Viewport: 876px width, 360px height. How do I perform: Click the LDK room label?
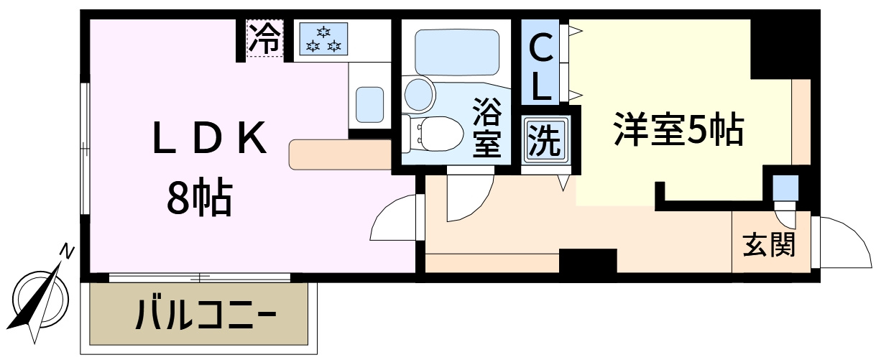[210, 137]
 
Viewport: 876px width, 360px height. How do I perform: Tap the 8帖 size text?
[200, 197]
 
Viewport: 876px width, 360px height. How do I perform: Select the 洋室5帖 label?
[678, 129]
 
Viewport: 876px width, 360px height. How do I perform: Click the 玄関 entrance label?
[769, 245]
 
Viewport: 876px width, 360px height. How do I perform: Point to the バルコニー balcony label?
[206, 315]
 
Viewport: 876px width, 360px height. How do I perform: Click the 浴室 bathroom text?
[487, 127]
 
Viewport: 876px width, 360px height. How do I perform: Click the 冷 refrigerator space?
[264, 38]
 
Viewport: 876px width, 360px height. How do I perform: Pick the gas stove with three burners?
[323, 38]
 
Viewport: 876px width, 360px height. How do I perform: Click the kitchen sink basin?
[369, 104]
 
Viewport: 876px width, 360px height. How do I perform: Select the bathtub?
[457, 52]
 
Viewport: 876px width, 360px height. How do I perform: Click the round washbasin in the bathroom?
[419, 94]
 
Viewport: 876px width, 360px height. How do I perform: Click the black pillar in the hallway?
[588, 261]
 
